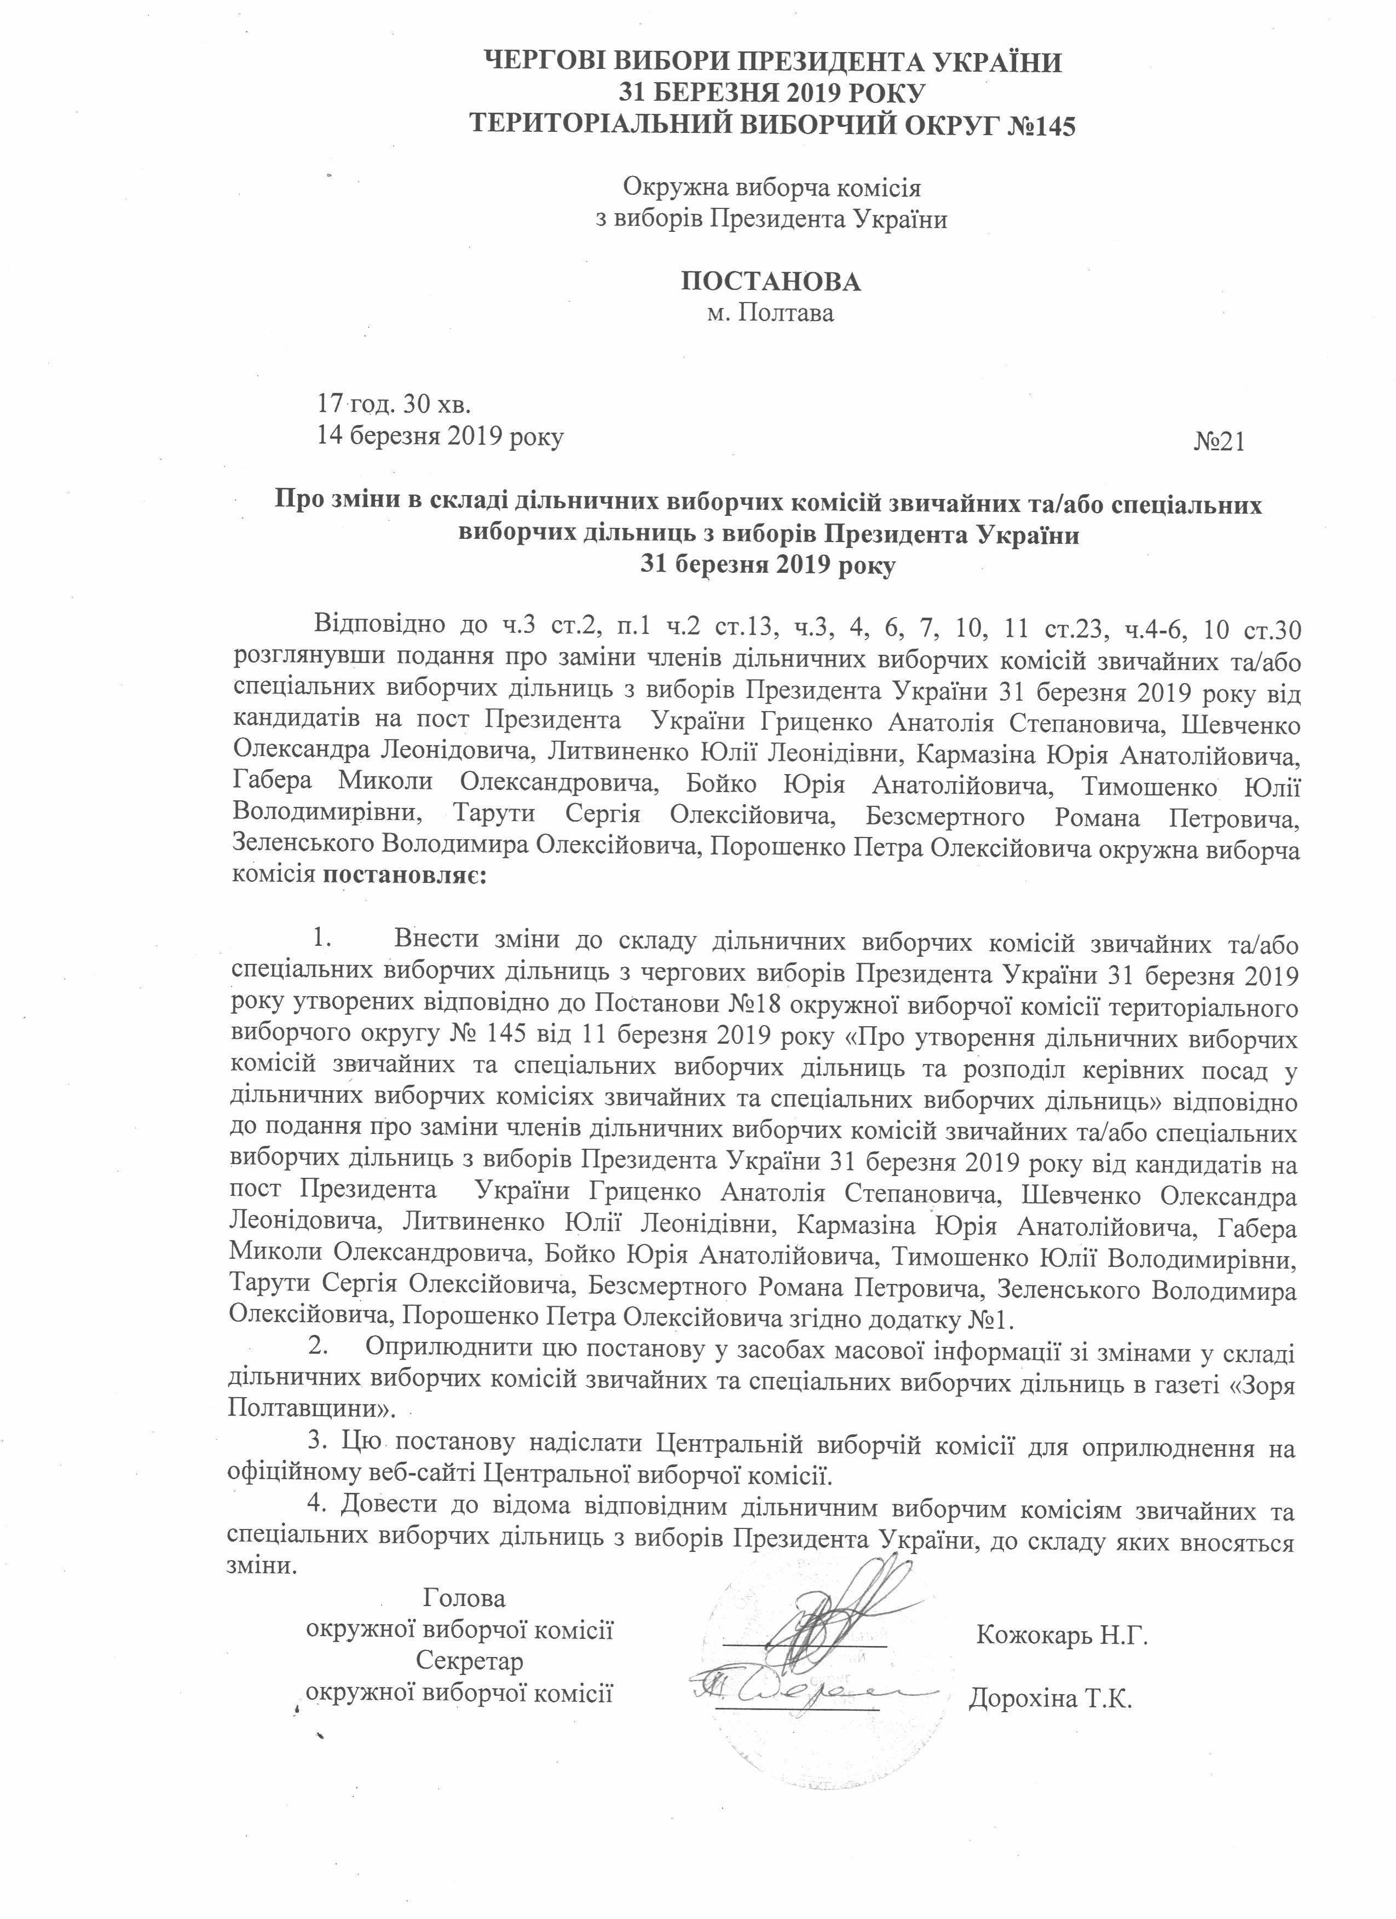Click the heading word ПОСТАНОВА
(x=770, y=281)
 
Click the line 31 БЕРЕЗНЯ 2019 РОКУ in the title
(x=770, y=94)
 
